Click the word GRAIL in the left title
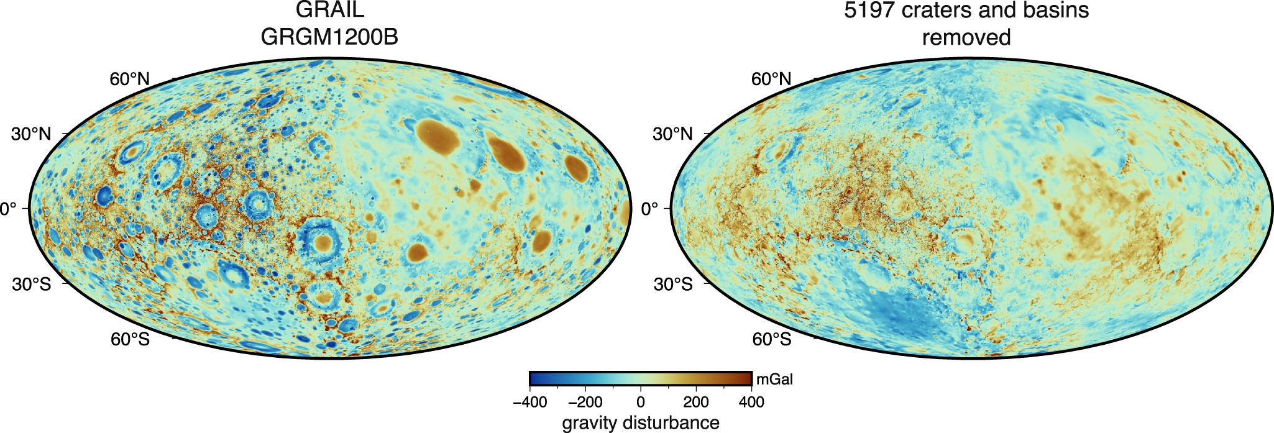(x=329, y=10)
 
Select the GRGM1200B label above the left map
(x=329, y=37)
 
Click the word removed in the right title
(x=966, y=37)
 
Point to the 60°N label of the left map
(x=130, y=80)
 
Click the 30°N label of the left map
(x=31, y=134)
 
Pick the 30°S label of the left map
(x=31, y=284)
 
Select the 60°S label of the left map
(x=130, y=339)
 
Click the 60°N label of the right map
(x=771, y=80)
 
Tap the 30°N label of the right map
(x=672, y=134)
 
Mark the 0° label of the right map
(x=649, y=209)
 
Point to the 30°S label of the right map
(x=672, y=284)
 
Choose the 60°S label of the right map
(x=771, y=339)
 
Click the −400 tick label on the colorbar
(x=529, y=402)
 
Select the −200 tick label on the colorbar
(x=585, y=402)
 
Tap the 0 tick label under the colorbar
(x=641, y=402)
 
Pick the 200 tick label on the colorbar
(x=696, y=402)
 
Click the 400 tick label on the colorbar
(x=751, y=402)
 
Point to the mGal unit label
(x=774, y=380)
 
